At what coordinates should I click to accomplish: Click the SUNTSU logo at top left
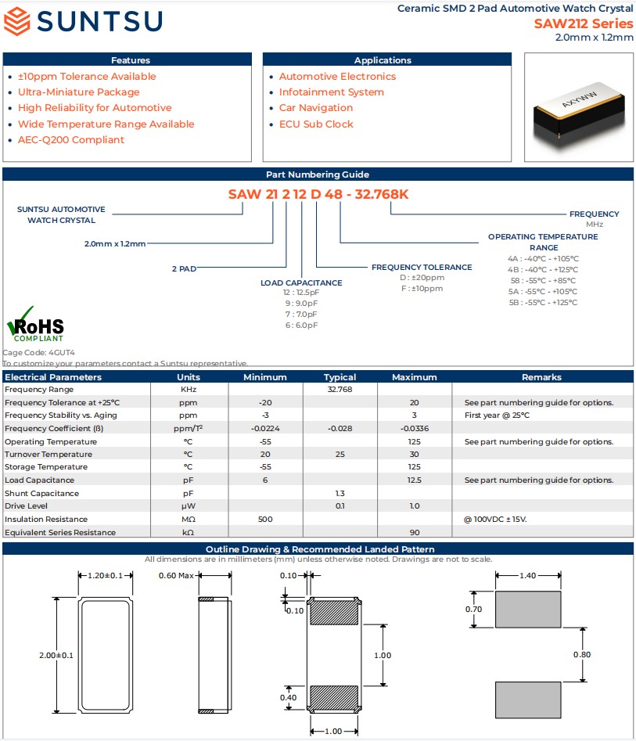pos(83,21)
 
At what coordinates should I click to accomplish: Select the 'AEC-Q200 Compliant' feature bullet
pos(71,140)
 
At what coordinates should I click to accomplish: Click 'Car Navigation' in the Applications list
pos(316,108)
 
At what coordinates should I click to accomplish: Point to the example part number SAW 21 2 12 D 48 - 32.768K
pos(318,194)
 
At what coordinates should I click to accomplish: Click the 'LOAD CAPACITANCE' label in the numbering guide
pos(301,282)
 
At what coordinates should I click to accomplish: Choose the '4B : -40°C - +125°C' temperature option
pos(542,269)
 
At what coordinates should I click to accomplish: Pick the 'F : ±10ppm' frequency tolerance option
pos(422,289)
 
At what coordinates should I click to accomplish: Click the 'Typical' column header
pos(340,377)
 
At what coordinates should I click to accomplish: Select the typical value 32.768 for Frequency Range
pos(340,390)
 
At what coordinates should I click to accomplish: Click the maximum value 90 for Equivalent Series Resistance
pos(415,533)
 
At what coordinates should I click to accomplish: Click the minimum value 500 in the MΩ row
pos(265,520)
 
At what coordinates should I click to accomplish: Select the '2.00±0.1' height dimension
pos(56,656)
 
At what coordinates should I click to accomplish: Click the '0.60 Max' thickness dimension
pos(177,576)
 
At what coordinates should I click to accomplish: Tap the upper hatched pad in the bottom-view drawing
pos(334,612)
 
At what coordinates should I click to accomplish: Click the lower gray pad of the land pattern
pos(528,700)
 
